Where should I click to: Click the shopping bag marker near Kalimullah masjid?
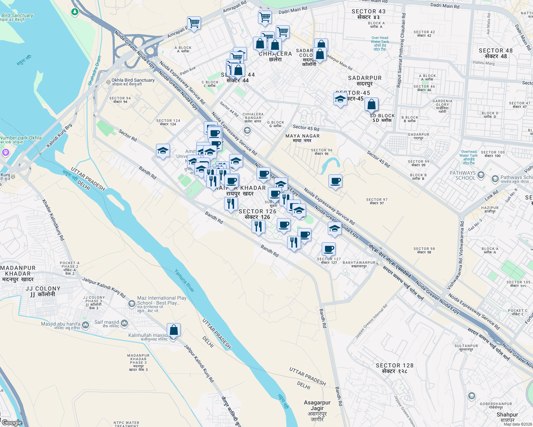tap(174, 330)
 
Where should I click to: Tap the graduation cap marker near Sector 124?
tap(163, 151)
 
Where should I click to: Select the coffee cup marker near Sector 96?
tap(335, 181)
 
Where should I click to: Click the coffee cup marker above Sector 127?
tap(328, 249)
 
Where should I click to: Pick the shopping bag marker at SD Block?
tap(371, 105)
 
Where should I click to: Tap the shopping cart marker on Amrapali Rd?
tap(194, 23)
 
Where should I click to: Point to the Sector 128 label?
tap(394, 368)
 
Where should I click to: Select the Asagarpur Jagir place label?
tap(317, 411)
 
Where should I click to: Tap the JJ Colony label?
tap(43, 291)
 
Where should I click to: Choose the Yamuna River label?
tap(185, 281)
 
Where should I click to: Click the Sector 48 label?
tap(496, 53)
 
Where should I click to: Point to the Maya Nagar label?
tap(302, 138)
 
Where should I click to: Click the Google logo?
tap(12, 423)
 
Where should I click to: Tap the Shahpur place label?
tap(507, 417)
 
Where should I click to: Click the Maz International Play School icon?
tap(131, 304)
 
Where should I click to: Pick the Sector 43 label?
tap(368, 14)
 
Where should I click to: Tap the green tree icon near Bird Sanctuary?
tap(74, 12)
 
